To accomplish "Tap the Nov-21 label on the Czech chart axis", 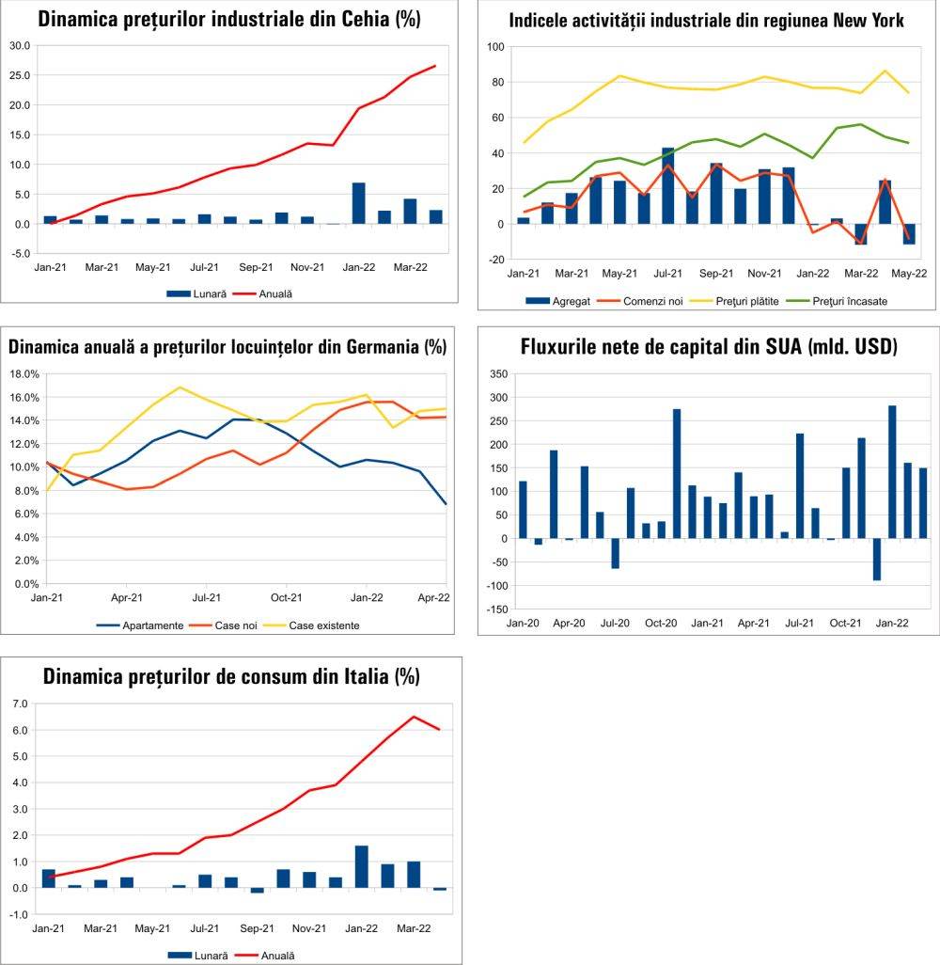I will (x=306, y=267).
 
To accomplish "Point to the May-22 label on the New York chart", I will (x=910, y=274).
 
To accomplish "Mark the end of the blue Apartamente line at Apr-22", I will (x=446, y=504).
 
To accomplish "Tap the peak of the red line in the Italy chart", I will (x=414, y=717).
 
